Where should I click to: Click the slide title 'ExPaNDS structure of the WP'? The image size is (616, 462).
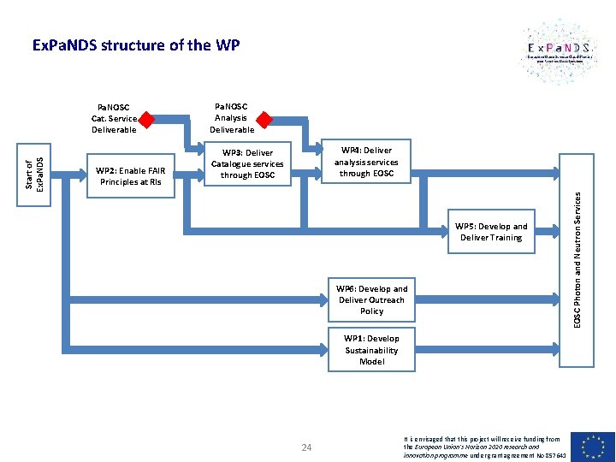coord(135,44)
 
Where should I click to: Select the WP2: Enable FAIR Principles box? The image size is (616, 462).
coord(131,175)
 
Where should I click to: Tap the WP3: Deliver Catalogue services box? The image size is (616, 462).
coord(247,163)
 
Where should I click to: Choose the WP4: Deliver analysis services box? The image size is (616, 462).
coord(365,161)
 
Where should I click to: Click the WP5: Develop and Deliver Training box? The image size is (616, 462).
coord(491,232)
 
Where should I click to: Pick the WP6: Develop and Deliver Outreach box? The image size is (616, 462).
coord(371,299)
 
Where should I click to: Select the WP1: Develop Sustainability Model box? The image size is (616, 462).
coord(371,350)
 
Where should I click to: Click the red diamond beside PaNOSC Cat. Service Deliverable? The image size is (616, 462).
coord(147,119)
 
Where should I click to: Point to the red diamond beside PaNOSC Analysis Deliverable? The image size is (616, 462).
coord(264,119)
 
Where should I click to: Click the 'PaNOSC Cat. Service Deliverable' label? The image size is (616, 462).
coord(114,119)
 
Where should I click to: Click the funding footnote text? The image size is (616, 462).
coord(483,446)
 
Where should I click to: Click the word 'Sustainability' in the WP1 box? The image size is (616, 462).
coord(371,350)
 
